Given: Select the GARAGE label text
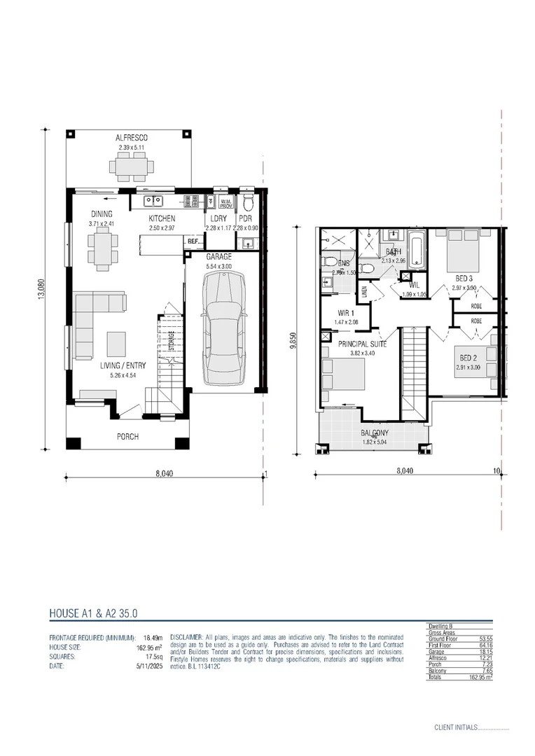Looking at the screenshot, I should (218, 257).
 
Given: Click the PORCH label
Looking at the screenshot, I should (127, 437).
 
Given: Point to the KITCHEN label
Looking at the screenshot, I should (161, 218).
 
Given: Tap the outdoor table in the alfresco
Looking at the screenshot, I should (131, 167).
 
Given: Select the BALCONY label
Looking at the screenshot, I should (375, 433).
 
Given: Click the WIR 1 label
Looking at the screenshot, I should (347, 313).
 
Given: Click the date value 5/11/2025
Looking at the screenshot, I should (148, 666).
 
